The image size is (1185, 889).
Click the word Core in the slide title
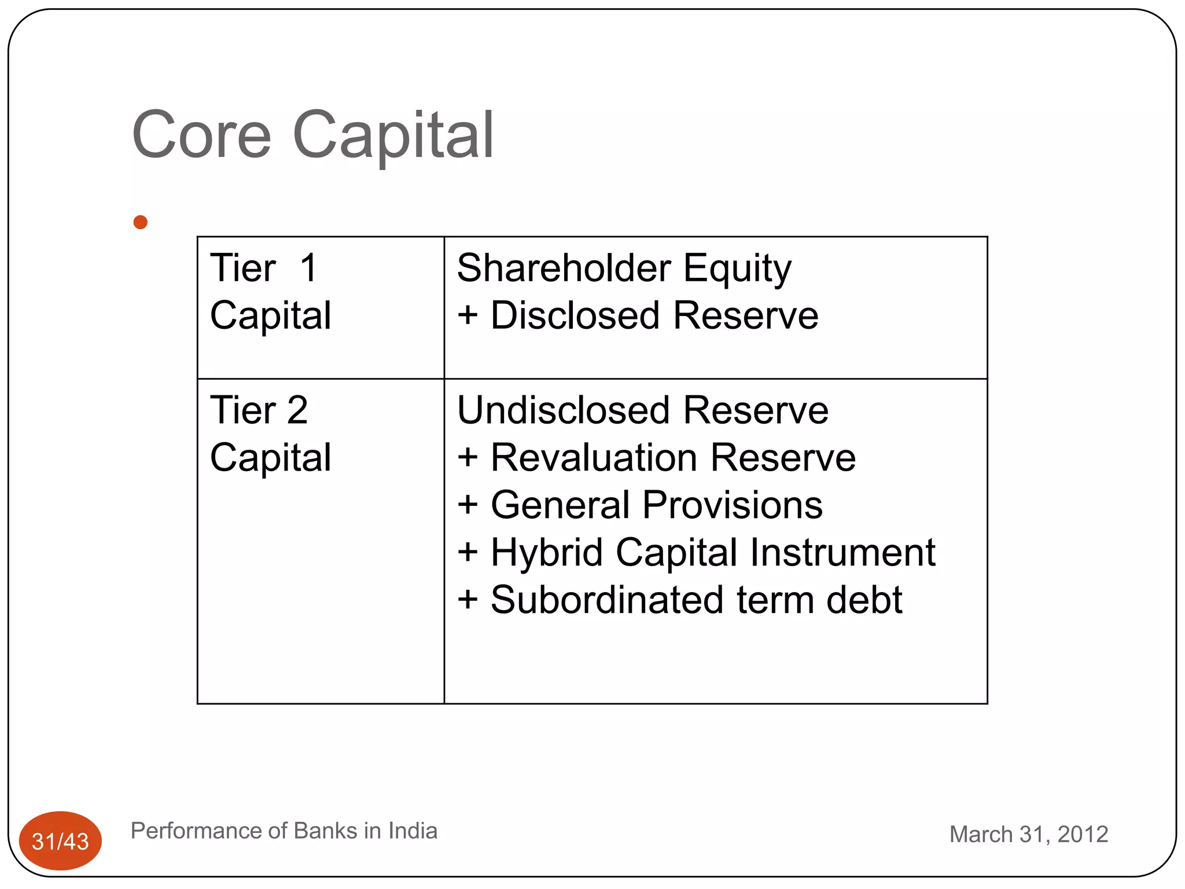coord(201,135)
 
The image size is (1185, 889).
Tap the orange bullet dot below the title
coord(140,222)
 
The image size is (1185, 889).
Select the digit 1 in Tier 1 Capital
coord(308,268)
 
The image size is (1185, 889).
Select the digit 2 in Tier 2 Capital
coord(297,410)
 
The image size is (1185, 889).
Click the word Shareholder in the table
coord(564,268)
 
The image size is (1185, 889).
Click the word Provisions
coord(732,505)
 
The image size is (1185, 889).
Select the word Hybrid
coord(547,553)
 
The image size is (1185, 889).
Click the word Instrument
coord(842,553)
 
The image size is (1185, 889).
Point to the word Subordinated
coord(607,600)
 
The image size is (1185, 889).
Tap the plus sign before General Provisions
coord(468,505)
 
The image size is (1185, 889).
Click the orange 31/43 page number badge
coord(60,841)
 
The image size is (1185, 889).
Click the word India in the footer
coord(413,831)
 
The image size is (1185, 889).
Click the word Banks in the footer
coord(325,831)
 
